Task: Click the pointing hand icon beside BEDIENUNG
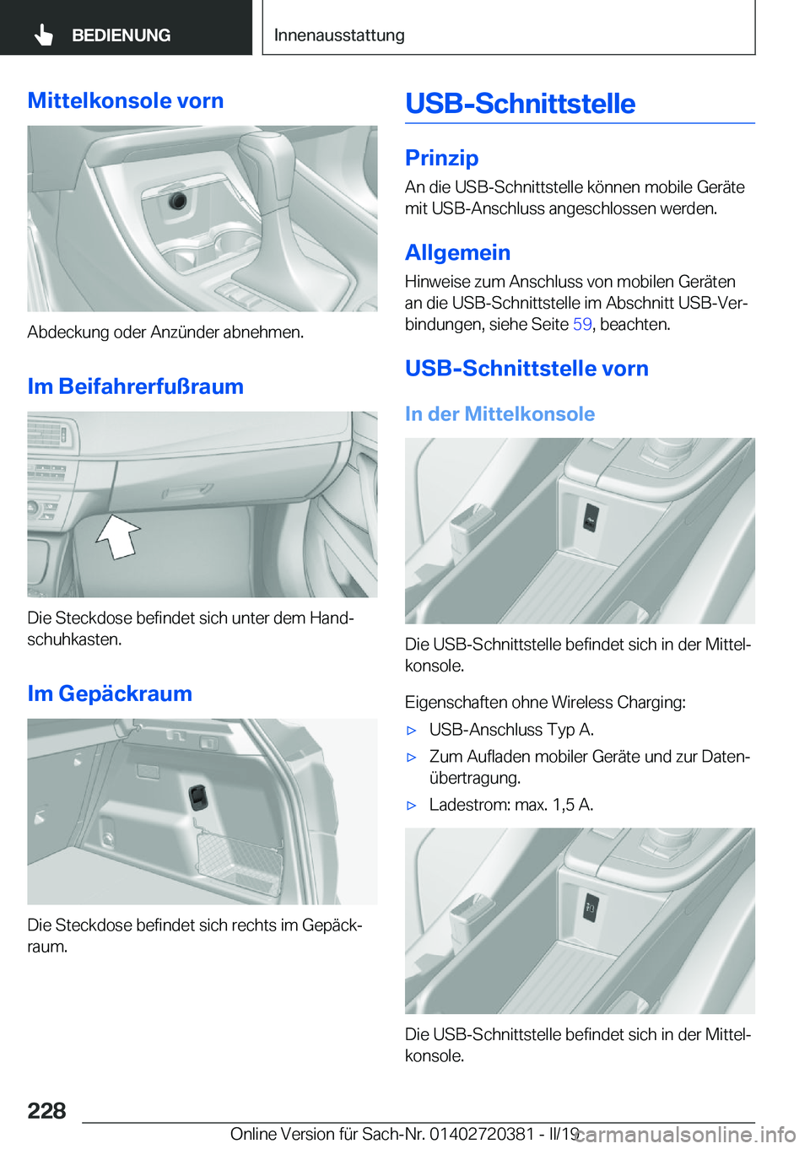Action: pos(44,35)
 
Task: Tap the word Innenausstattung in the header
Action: pos(339,35)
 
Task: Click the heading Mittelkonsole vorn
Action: pos(126,100)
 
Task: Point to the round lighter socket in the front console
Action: pos(177,201)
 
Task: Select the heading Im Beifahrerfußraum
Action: pos(135,386)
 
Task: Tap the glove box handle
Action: pos(187,490)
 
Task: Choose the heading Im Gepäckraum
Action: pos(110,693)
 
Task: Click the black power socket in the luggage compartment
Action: pos(198,796)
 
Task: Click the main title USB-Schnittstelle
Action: pos(520,104)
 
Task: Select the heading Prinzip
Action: pos(441,158)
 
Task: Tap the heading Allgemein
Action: pos(457,252)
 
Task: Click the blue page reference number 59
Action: pos(582,325)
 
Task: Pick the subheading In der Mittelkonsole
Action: pos(499,413)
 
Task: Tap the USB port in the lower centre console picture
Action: pos(591,909)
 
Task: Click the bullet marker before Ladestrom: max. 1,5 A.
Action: pos(412,806)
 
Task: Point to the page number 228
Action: pos(46,1110)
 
